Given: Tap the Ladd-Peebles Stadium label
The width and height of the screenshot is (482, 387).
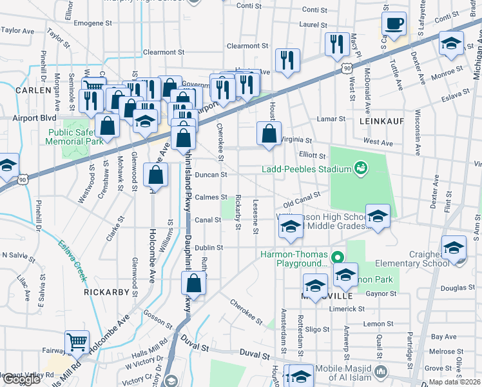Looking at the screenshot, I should (x=306, y=170).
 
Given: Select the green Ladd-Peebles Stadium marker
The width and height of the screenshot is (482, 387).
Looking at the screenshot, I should (x=361, y=169).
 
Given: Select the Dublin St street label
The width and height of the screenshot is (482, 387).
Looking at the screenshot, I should (x=209, y=247).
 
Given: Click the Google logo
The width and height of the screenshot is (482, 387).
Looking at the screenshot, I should (x=21, y=379).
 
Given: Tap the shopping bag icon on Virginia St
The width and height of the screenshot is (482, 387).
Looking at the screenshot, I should (x=269, y=134).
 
